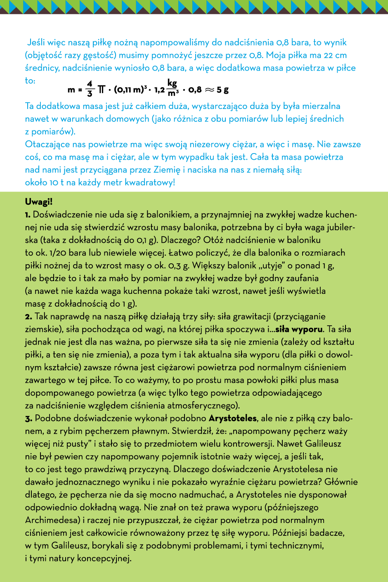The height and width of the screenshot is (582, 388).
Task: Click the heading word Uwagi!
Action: click(x=39, y=202)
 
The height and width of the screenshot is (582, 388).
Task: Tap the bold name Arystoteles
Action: click(x=233, y=418)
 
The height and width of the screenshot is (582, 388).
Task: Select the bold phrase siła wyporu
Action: click(x=299, y=329)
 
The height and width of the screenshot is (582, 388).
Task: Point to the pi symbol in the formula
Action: click(x=101, y=89)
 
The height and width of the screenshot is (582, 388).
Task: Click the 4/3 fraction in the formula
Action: click(x=90, y=89)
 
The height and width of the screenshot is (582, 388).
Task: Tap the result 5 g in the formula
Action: click(x=222, y=90)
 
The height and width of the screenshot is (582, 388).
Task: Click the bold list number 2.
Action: click(x=28, y=317)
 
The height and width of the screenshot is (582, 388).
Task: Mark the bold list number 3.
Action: click(x=28, y=419)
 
